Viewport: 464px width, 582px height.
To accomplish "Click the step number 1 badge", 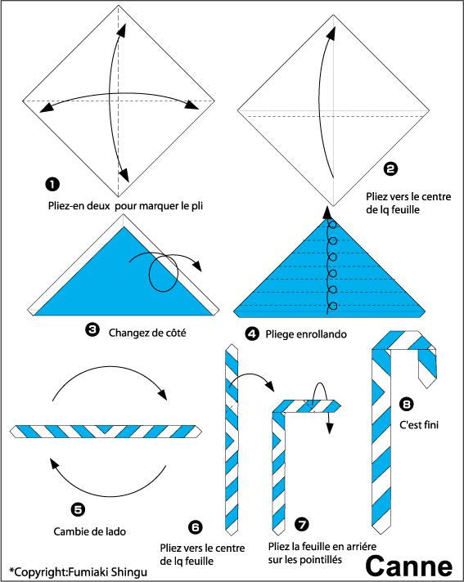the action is (52, 184).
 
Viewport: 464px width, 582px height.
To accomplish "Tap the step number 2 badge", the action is (390, 169).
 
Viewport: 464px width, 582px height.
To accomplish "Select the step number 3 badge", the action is (92, 329).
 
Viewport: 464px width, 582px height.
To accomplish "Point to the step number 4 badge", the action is (252, 334).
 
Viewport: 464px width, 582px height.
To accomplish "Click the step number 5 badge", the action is (78, 509).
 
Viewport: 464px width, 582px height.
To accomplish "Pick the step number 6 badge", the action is (196, 527).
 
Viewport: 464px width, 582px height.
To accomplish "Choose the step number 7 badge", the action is (302, 524).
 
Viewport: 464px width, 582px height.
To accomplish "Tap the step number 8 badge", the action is (407, 404).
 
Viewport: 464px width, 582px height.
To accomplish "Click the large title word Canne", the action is (408, 566).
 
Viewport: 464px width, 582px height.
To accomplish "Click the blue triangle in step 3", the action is (123, 282).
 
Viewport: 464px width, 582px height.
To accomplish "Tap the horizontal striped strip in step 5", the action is (106, 432).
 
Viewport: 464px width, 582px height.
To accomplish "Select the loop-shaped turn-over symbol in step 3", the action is (164, 274).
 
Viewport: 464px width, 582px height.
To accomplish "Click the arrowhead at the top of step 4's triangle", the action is (327, 213).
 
